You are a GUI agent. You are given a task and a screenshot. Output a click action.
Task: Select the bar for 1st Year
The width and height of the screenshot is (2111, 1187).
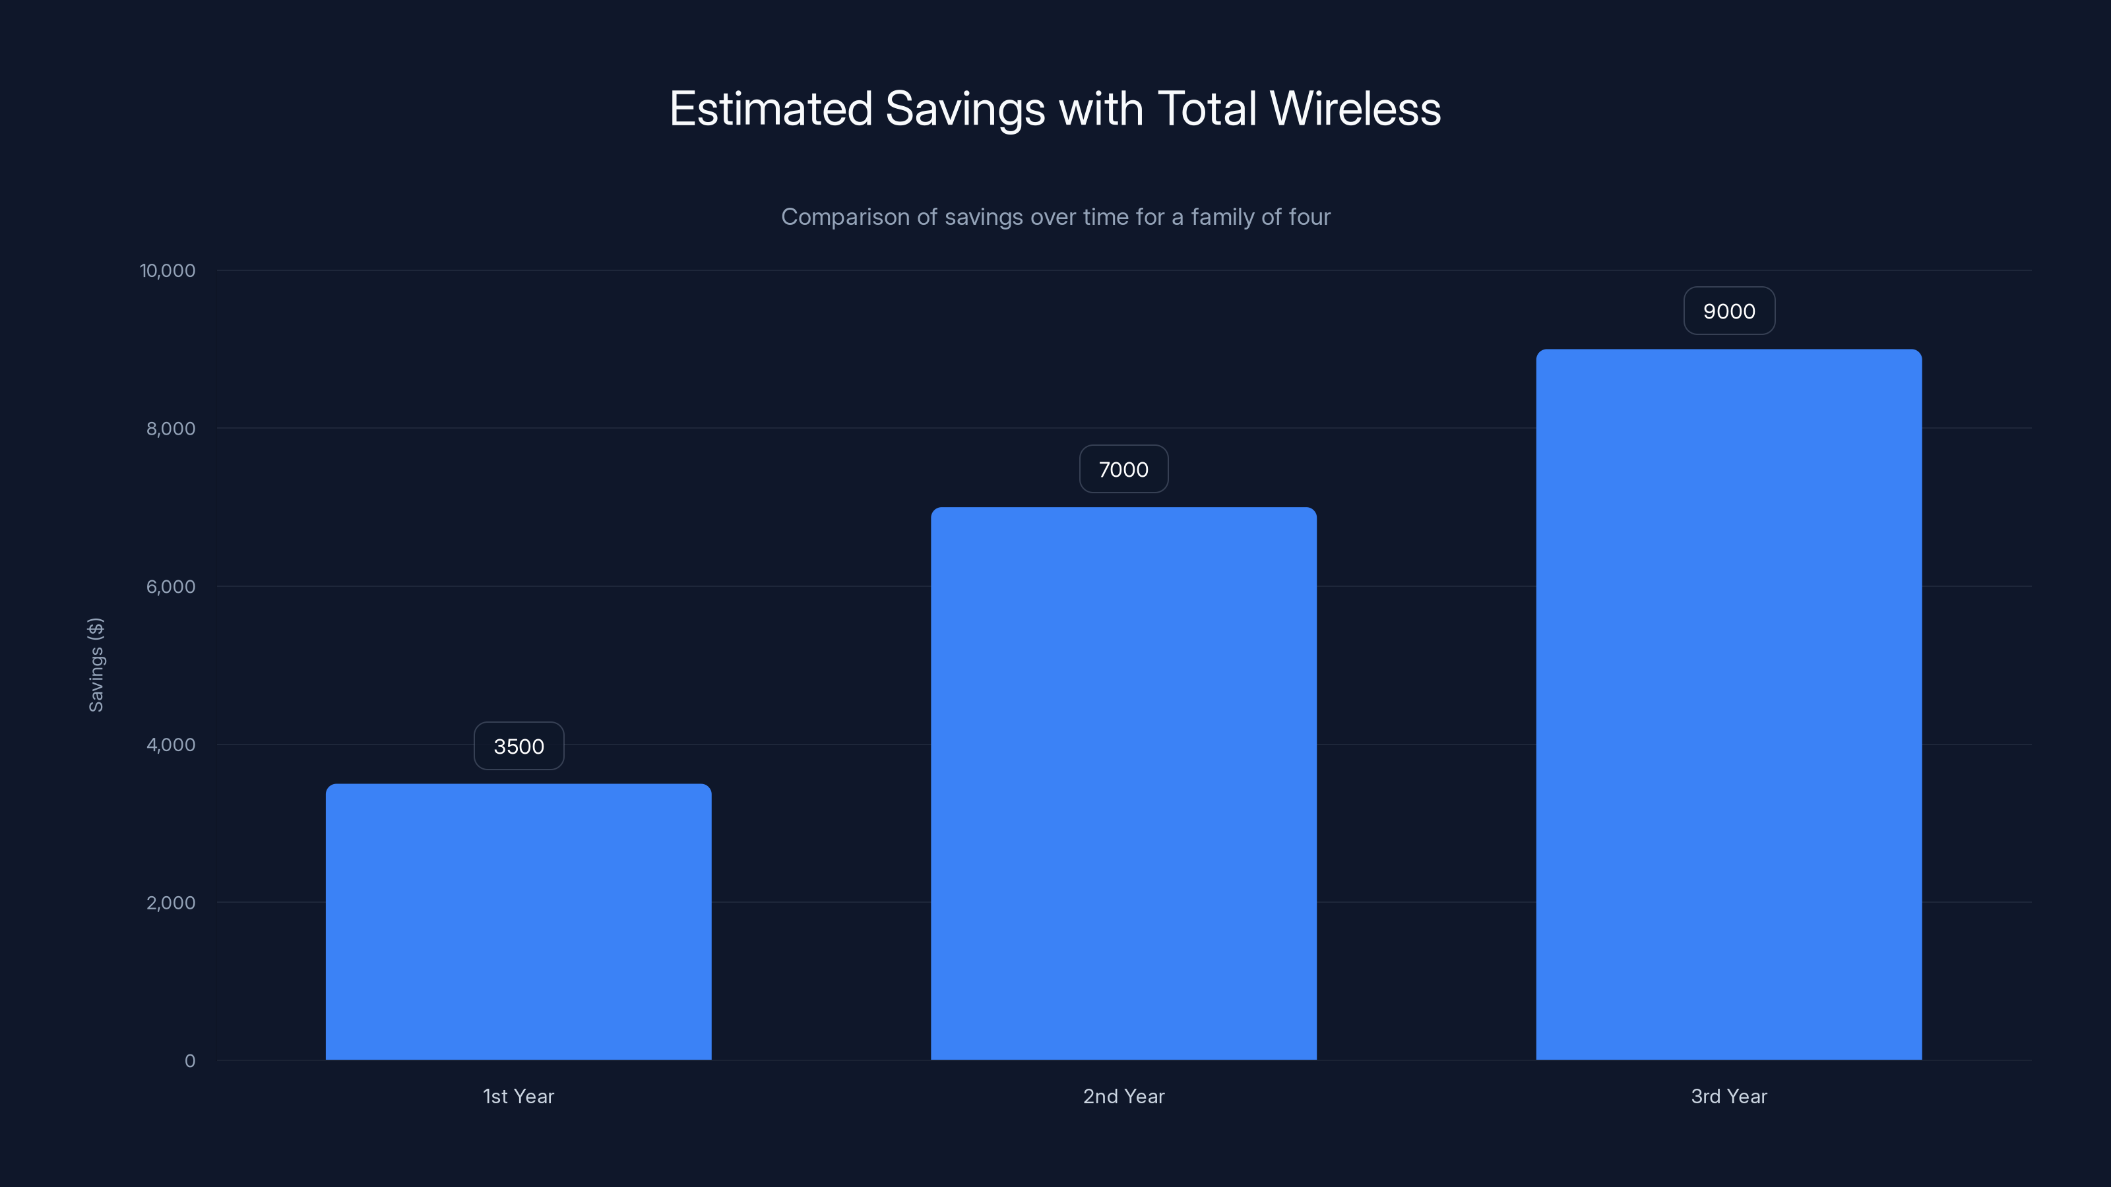tap(518, 922)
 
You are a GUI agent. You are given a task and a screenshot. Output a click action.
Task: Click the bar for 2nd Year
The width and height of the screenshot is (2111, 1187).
tap(1123, 783)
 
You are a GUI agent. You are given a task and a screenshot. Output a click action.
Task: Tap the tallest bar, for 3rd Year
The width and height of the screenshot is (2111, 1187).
tap(1728, 704)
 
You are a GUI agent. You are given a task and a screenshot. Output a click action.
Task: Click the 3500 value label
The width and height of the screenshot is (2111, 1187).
tap(519, 746)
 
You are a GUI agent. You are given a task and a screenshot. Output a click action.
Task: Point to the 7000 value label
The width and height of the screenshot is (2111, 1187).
tap(1123, 470)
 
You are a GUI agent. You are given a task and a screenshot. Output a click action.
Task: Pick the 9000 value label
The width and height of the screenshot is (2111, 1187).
tap(1729, 311)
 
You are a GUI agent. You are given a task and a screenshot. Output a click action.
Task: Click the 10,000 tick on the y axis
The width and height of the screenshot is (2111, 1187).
tap(167, 270)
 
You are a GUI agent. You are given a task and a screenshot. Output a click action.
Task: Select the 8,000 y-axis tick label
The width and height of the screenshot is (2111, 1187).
tap(170, 429)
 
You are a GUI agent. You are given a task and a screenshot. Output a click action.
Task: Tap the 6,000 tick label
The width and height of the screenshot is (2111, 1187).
tap(170, 586)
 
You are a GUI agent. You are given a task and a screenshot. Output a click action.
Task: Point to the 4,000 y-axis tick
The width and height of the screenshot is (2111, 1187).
tap(170, 745)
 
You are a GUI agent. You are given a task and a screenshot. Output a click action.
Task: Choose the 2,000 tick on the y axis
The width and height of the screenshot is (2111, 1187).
tap(170, 903)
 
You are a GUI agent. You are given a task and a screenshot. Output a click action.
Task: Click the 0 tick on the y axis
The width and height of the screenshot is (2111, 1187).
tap(189, 1061)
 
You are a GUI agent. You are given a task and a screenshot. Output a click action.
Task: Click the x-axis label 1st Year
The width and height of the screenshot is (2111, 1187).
tap(518, 1096)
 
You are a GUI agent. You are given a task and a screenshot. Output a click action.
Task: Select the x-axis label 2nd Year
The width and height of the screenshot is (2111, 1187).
tap(1123, 1096)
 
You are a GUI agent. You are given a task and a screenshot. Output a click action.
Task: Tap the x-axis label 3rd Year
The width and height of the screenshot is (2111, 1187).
tap(1728, 1096)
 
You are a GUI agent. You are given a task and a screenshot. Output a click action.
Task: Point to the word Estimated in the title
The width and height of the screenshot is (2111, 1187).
tap(771, 109)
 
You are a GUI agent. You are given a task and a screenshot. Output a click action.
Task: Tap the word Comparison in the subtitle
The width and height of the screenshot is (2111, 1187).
tap(845, 217)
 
